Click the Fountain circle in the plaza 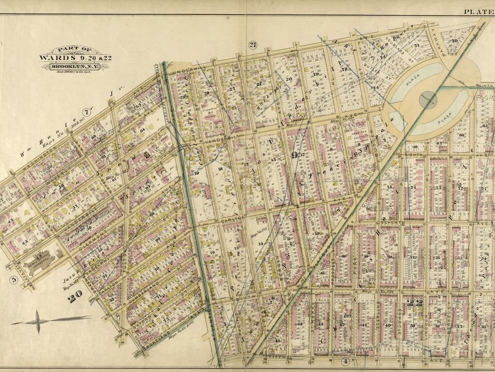pyautogui.click(x=429, y=100)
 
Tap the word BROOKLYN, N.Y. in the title pyautogui.click(x=75, y=66)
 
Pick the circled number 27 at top pyautogui.click(x=253, y=45)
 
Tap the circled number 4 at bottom pyautogui.click(x=345, y=361)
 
